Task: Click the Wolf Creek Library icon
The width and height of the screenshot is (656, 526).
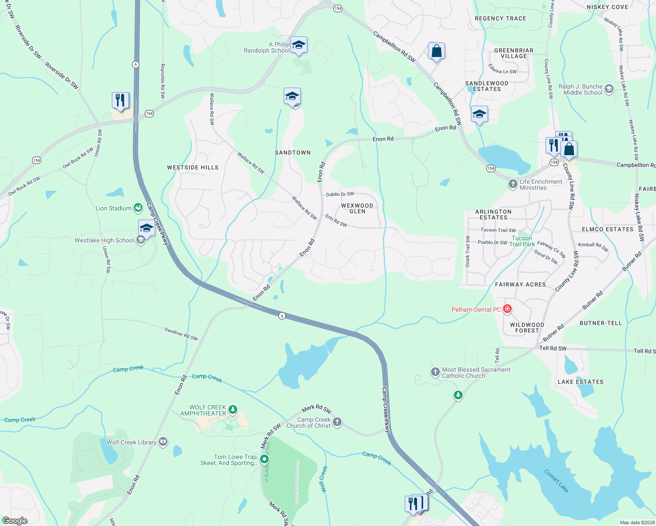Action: (x=163, y=442)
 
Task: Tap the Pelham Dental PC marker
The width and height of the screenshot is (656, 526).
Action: (x=507, y=309)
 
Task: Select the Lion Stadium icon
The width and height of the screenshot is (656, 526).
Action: (x=138, y=207)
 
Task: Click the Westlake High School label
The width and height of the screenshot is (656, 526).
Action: (x=104, y=240)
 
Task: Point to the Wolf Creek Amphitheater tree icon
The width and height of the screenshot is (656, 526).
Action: (x=233, y=410)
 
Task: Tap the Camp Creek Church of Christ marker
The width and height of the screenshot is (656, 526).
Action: (x=337, y=422)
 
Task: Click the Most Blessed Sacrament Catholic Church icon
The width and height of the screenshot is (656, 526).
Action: (x=435, y=373)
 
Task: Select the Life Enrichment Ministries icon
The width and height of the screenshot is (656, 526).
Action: (x=513, y=184)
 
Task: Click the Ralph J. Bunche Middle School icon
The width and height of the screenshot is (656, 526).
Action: (x=609, y=89)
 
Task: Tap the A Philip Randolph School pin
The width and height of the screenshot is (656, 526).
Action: (x=299, y=45)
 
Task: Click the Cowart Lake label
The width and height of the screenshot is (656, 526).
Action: (x=556, y=481)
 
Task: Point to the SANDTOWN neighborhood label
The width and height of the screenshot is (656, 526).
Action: (x=292, y=153)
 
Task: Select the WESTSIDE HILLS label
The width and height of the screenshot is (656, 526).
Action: (x=193, y=167)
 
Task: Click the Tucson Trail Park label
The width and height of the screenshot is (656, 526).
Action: (x=522, y=241)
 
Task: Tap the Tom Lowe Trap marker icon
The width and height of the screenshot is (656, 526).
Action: (x=264, y=459)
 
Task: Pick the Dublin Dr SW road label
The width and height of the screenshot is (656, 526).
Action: (x=340, y=194)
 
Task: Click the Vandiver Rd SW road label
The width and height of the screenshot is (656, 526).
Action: (x=181, y=334)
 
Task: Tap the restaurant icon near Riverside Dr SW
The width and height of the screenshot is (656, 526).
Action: (x=120, y=100)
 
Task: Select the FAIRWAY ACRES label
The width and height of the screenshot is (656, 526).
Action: (x=520, y=284)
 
